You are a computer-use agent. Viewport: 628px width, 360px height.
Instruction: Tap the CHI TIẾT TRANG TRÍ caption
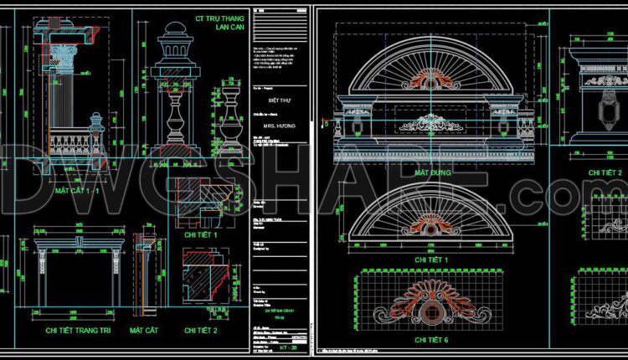click(x=80, y=332)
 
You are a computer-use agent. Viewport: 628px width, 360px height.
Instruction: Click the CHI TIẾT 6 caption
click(x=432, y=341)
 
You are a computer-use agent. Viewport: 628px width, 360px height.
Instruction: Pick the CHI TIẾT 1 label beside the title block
click(x=200, y=235)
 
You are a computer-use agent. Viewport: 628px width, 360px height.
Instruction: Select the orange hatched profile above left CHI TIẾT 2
click(x=204, y=287)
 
